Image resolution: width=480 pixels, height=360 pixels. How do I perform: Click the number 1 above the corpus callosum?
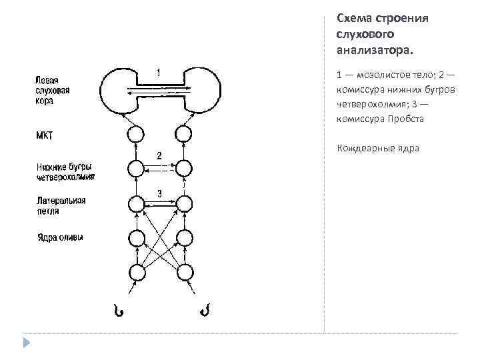pyautogui.click(x=158, y=71)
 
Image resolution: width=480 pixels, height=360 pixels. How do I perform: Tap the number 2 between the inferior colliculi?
pyautogui.click(x=159, y=155)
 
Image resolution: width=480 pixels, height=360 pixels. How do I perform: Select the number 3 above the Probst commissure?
pyautogui.click(x=160, y=193)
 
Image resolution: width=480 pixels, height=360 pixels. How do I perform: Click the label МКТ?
pyautogui.click(x=44, y=135)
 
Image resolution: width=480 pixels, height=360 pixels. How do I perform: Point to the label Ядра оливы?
pyautogui.click(x=59, y=237)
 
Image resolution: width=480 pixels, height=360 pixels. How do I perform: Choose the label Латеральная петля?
pyautogui.click(x=61, y=205)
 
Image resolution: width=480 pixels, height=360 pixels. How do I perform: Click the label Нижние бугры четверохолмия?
pyautogui.click(x=65, y=171)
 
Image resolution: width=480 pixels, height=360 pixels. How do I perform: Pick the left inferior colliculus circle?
pyautogui.click(x=136, y=168)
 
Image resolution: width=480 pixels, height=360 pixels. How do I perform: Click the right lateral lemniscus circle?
pyautogui.click(x=183, y=203)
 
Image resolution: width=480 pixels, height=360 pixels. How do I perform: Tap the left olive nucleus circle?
pyautogui.click(x=136, y=238)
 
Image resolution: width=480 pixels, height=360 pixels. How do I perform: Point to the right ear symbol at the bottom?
pyautogui.click(x=204, y=310)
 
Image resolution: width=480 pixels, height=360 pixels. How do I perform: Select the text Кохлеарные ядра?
pyautogui.click(x=378, y=148)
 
